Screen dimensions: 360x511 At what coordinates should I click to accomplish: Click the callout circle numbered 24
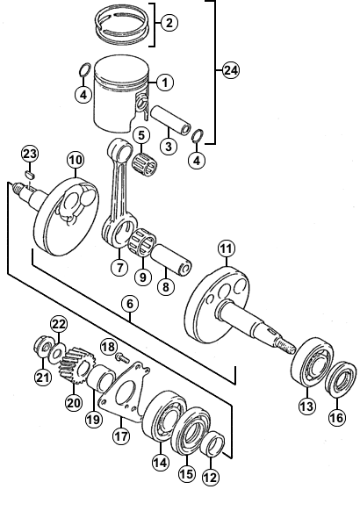(231, 70)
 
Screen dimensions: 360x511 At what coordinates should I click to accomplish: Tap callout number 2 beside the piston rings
(169, 23)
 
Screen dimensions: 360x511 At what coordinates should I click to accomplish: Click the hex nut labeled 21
(43, 347)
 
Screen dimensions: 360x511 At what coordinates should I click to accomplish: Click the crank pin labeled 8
(171, 259)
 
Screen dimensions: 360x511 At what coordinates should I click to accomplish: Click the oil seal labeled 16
(341, 378)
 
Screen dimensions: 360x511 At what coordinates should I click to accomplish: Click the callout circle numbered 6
(130, 304)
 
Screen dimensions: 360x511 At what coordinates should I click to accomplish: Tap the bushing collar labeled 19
(101, 378)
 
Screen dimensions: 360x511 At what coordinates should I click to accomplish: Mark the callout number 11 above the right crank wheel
(227, 249)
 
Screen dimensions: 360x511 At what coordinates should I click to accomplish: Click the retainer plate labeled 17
(125, 392)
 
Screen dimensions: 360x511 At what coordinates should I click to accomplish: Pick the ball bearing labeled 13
(313, 362)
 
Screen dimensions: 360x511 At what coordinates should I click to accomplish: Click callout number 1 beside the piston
(165, 83)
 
